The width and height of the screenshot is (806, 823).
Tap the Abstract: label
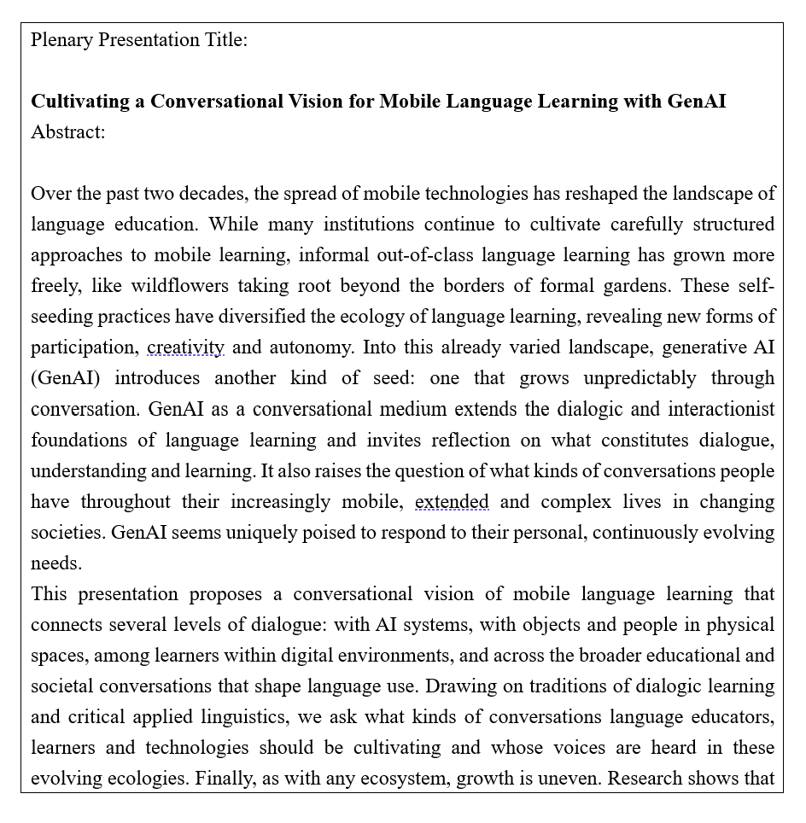68,132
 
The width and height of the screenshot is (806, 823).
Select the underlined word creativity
185,347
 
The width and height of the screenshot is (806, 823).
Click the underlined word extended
452,501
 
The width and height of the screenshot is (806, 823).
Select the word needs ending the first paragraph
56,563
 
